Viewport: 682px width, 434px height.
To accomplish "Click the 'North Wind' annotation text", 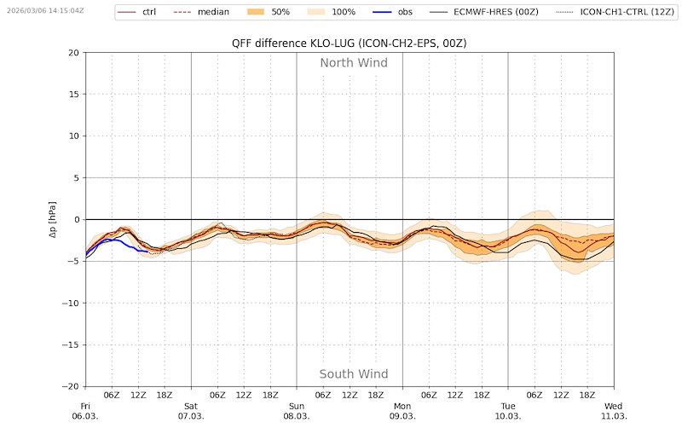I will point(353,62).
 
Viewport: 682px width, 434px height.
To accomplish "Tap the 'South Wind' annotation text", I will point(353,374).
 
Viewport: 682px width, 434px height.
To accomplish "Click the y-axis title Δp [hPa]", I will point(53,219).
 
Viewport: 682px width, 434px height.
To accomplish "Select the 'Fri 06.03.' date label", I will point(85,411).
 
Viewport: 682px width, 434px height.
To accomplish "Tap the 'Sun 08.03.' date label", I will point(297,411).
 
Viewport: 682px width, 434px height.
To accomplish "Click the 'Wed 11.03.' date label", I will point(614,411).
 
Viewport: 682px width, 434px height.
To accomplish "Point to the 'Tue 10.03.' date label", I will point(508,411).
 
